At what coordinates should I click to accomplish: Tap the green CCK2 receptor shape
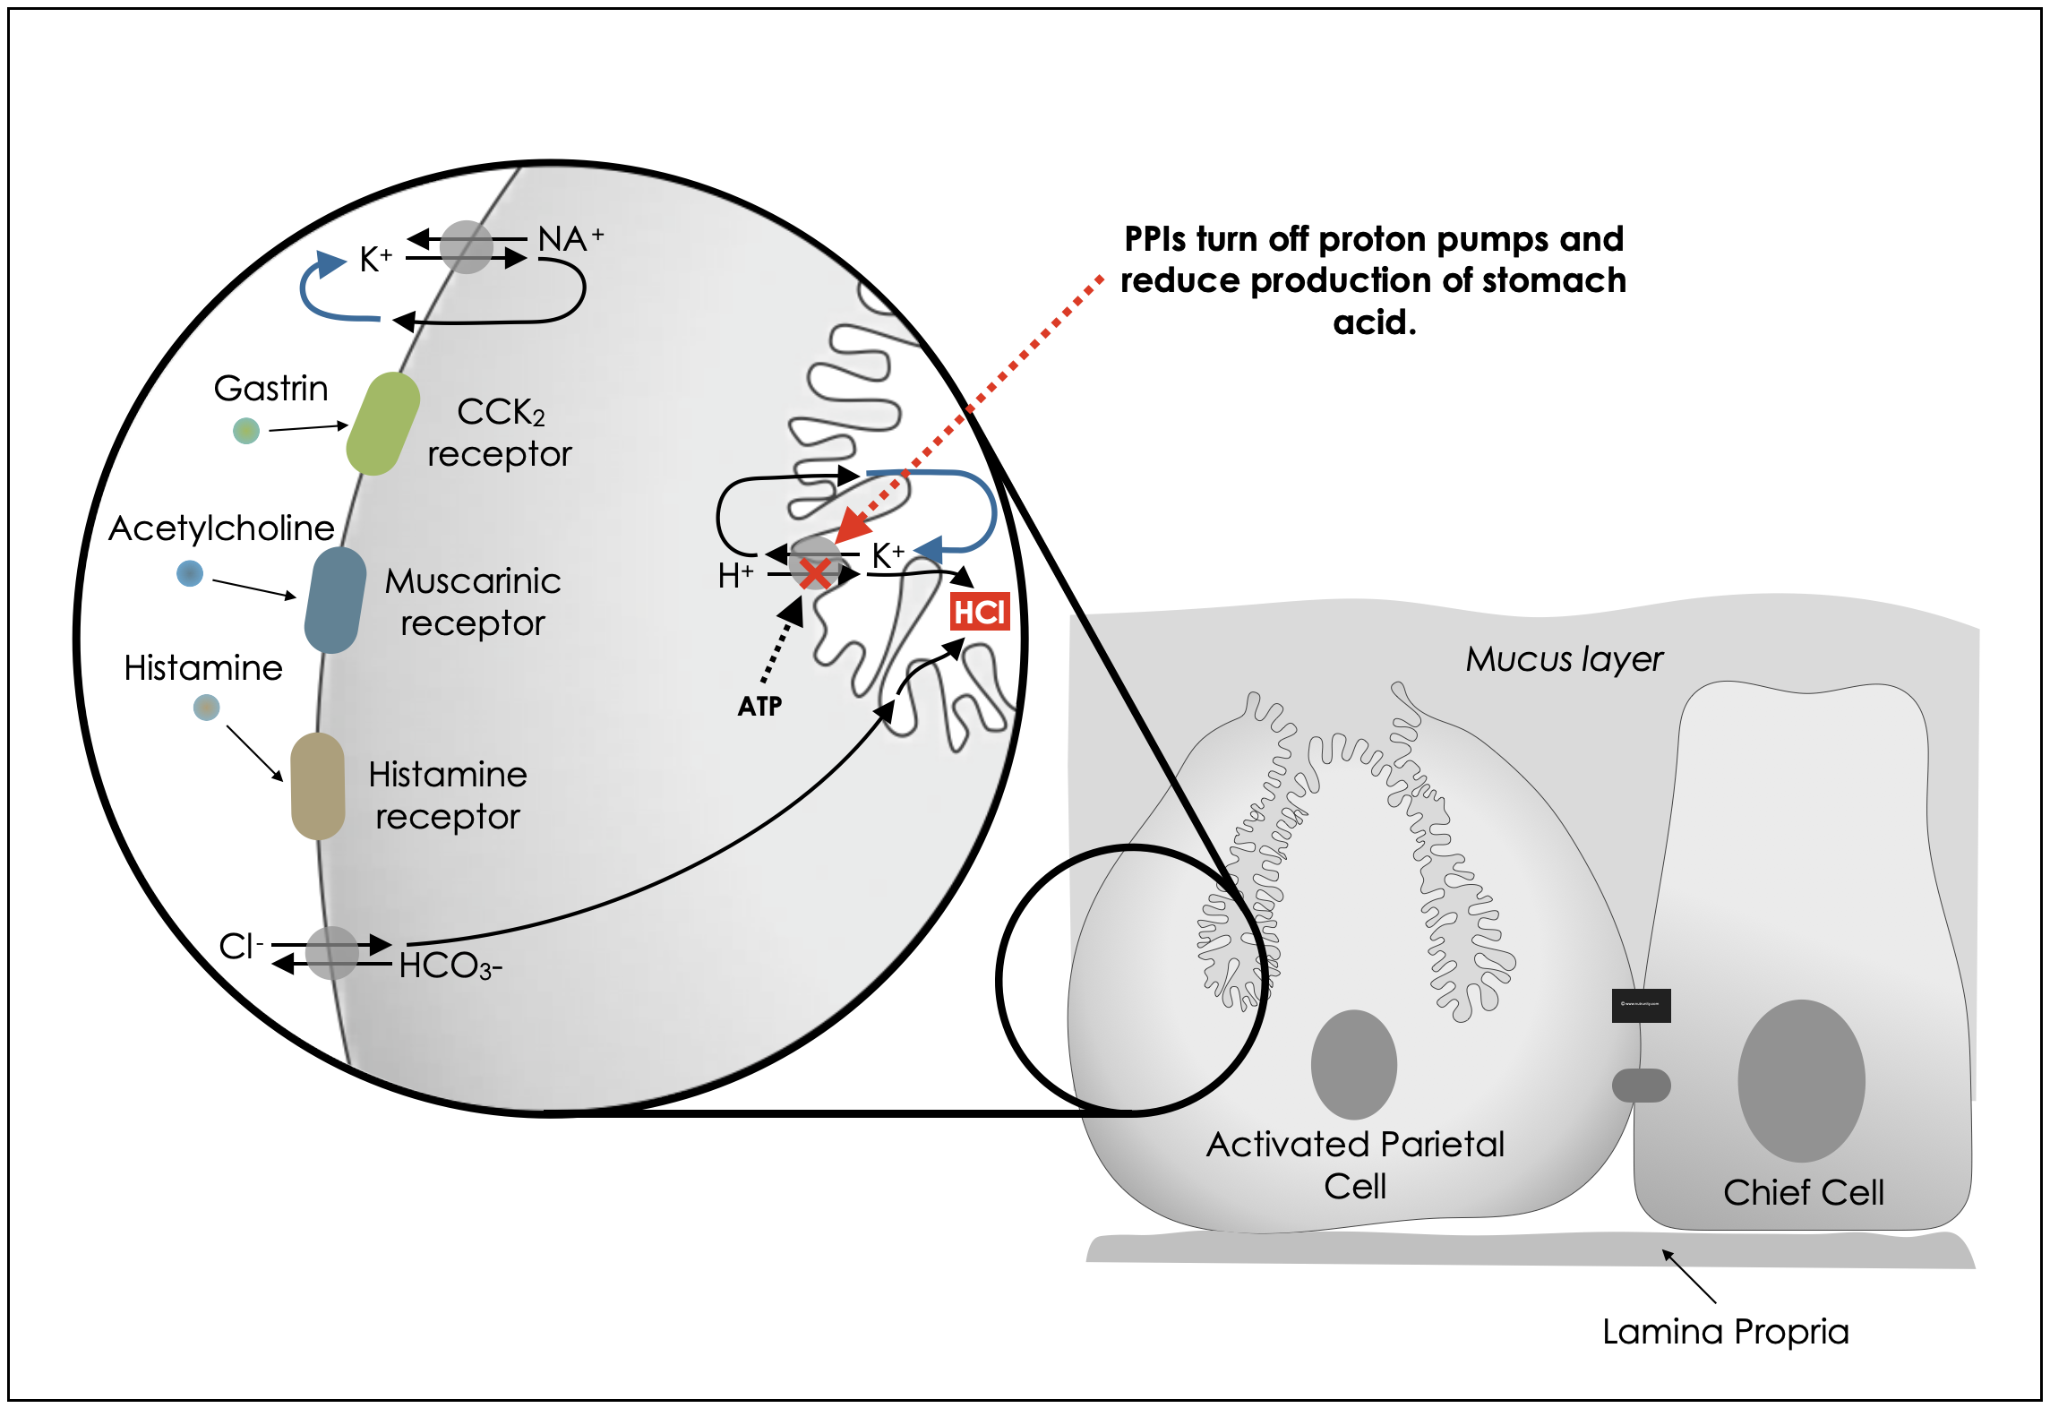[383, 425]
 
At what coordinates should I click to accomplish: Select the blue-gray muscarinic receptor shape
[335, 600]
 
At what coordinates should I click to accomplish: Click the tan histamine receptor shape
[318, 786]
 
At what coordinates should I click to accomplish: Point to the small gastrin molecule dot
[246, 431]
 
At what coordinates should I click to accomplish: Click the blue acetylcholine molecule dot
[190, 573]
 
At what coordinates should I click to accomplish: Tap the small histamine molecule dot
[207, 708]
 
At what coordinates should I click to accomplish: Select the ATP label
[759, 707]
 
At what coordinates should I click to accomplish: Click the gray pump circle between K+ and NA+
[467, 247]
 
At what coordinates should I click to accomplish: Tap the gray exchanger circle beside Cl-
[332, 953]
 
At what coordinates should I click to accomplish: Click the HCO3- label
[450, 966]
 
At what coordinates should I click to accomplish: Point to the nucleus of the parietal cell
[1353, 1064]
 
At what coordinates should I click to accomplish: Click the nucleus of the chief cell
[1801, 1080]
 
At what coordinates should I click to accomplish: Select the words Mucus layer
[1564, 659]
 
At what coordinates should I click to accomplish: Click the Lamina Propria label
[1725, 1332]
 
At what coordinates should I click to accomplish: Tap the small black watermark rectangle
[1641, 1005]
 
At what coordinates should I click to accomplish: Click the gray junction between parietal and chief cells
[1641, 1086]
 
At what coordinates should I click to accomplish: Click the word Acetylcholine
[221, 528]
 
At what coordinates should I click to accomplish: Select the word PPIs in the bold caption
[1155, 239]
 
